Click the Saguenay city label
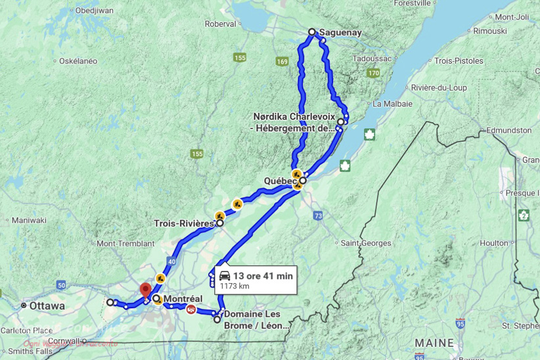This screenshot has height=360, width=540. (340, 32)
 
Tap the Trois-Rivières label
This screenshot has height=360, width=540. (184, 223)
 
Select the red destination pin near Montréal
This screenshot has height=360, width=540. (146, 290)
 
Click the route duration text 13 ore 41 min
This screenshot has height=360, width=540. (263, 276)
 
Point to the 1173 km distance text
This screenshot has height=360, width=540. (235, 286)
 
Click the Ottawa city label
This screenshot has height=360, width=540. (47, 306)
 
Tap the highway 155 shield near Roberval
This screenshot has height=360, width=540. (240, 58)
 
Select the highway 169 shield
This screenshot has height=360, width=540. (282, 62)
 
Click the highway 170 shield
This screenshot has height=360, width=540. (373, 74)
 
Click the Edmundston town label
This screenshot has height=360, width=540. (505, 131)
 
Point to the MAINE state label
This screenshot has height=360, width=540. (434, 343)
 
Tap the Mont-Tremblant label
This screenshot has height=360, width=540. (125, 244)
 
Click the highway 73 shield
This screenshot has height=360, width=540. (318, 215)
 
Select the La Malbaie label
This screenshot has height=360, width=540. (392, 104)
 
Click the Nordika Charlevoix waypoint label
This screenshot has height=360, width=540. (294, 122)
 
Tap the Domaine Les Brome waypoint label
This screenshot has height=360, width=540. (256, 319)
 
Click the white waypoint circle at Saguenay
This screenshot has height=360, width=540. (312, 32)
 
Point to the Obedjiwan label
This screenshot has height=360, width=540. (95, 11)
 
